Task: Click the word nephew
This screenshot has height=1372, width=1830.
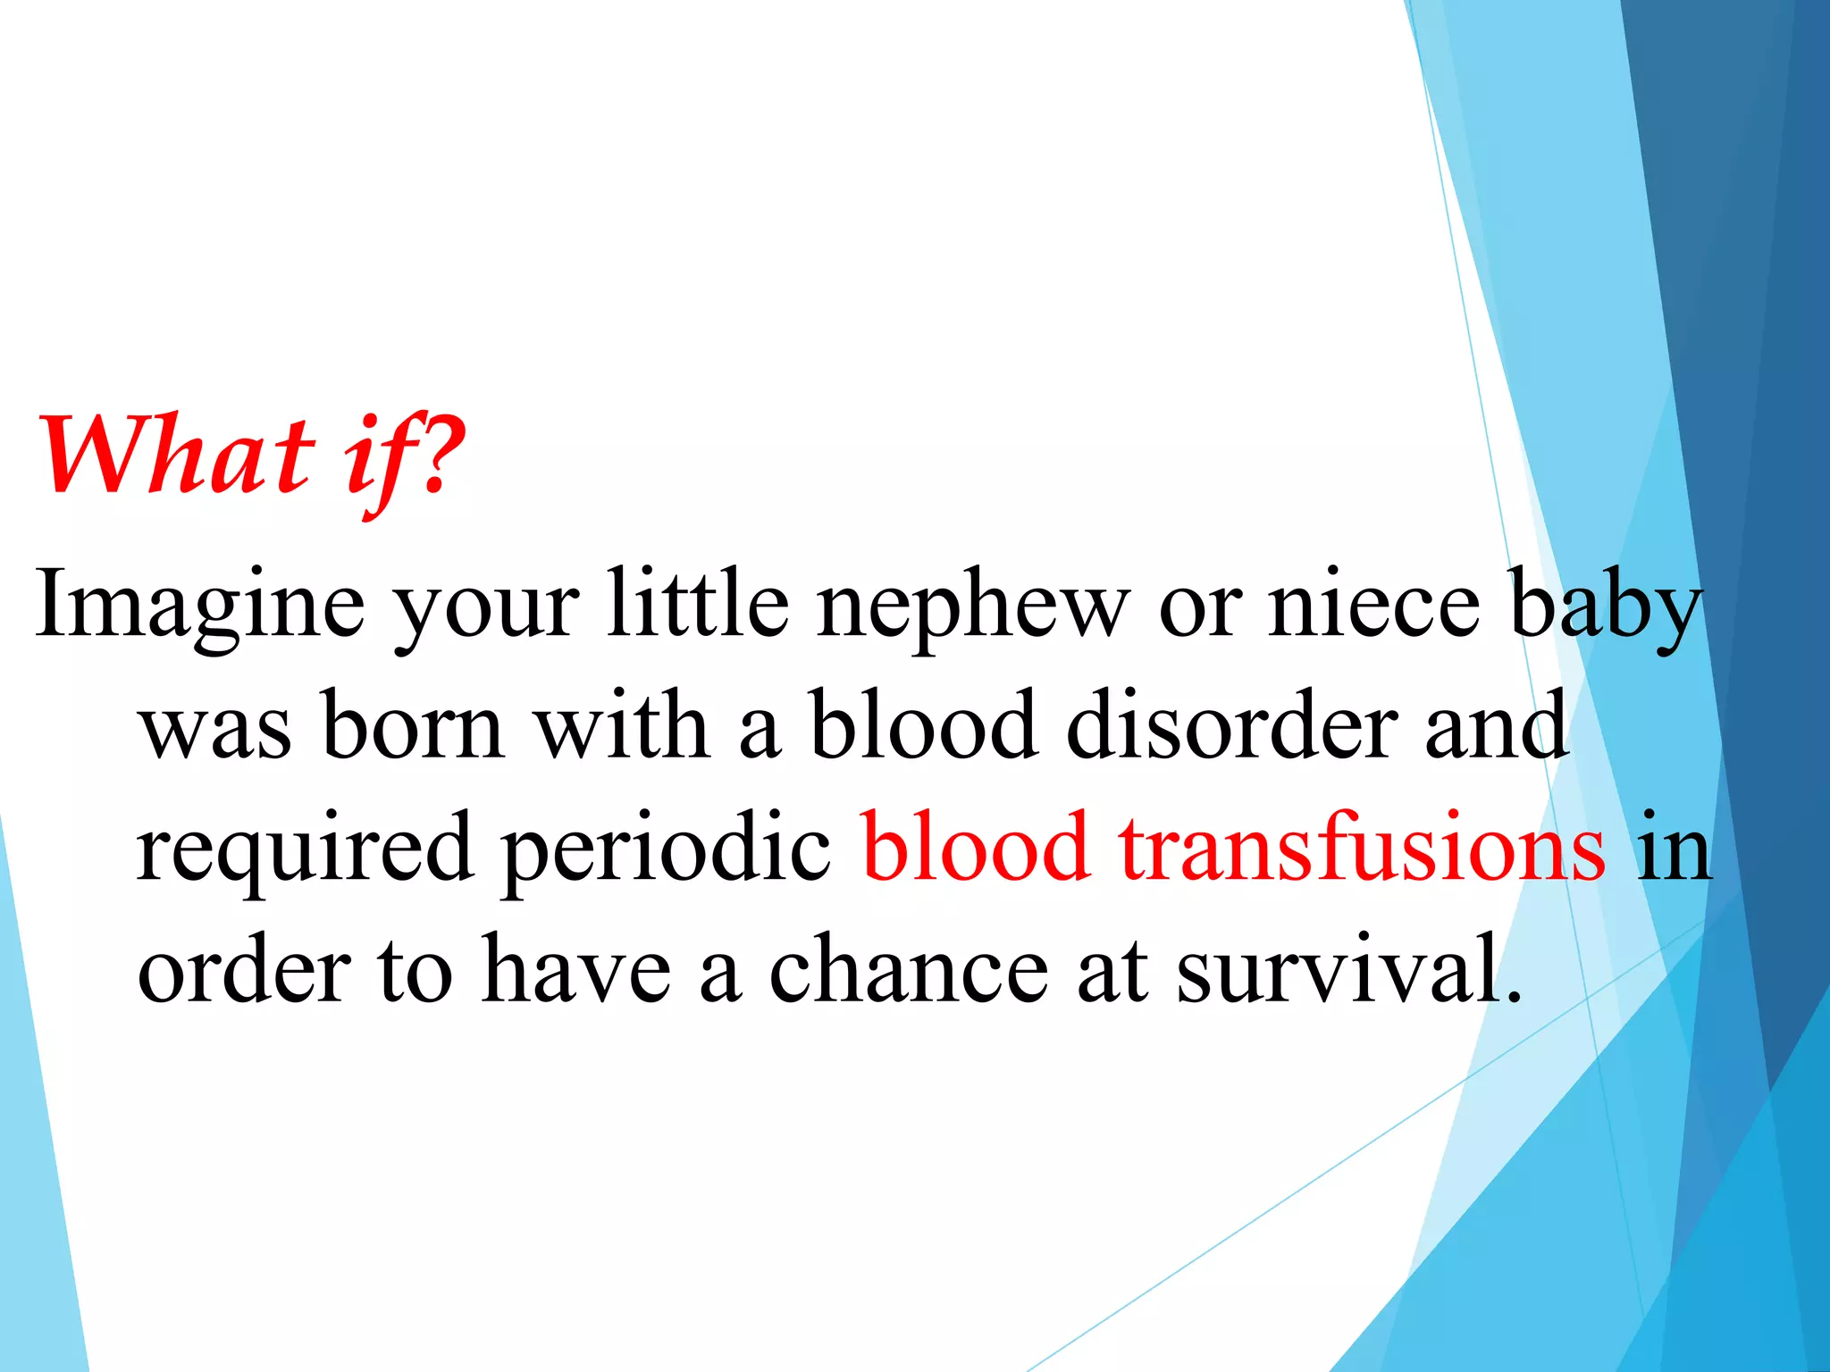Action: pyautogui.click(x=972, y=607)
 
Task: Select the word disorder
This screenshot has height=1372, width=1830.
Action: pyautogui.click(x=1232, y=725)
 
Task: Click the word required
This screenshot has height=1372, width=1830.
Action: pyautogui.click(x=305, y=849)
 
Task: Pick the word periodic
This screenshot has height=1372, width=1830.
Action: pyautogui.click(x=667, y=849)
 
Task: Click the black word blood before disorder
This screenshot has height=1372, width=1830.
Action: pyautogui.click(x=924, y=725)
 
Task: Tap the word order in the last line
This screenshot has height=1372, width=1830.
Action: pyautogui.click(x=244, y=970)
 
